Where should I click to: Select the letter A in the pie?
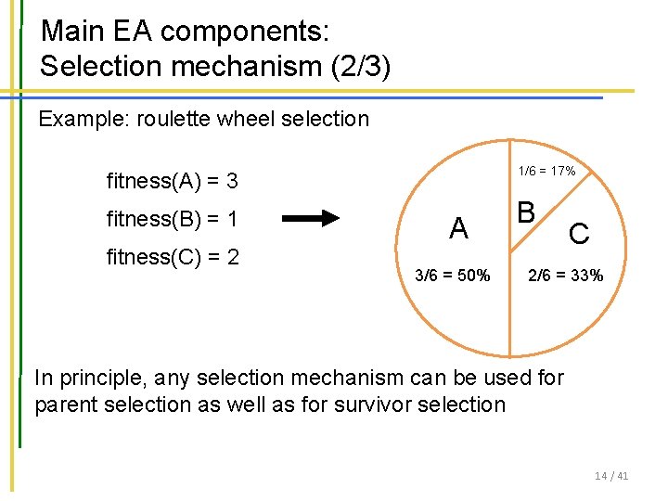[x=457, y=228]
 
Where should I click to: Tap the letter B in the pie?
[x=525, y=212]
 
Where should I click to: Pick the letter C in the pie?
[x=579, y=235]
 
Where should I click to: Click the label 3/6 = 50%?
[x=453, y=275]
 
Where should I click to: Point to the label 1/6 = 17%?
[x=546, y=171]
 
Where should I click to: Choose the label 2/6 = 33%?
[x=566, y=275]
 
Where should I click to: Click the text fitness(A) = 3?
[x=173, y=180]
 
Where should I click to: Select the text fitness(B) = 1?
[x=173, y=219]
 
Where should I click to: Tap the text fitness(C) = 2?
[x=173, y=256]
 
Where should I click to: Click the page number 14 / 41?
[x=611, y=476]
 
